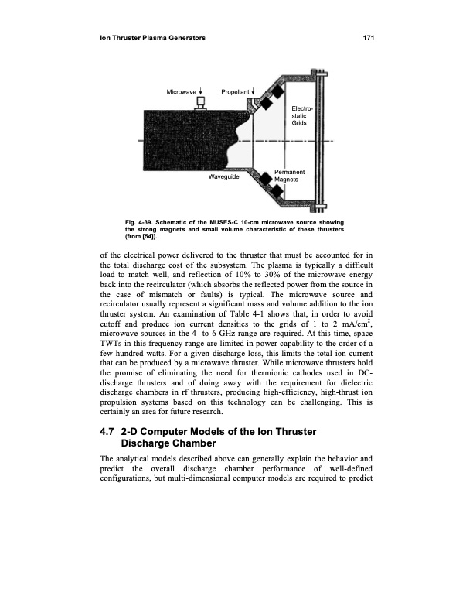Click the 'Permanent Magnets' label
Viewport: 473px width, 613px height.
click(x=290, y=175)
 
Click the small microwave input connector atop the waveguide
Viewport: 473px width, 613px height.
click(x=202, y=104)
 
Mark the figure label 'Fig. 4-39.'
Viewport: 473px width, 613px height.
click(x=141, y=223)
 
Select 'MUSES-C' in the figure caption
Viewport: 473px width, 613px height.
click(x=229, y=223)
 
